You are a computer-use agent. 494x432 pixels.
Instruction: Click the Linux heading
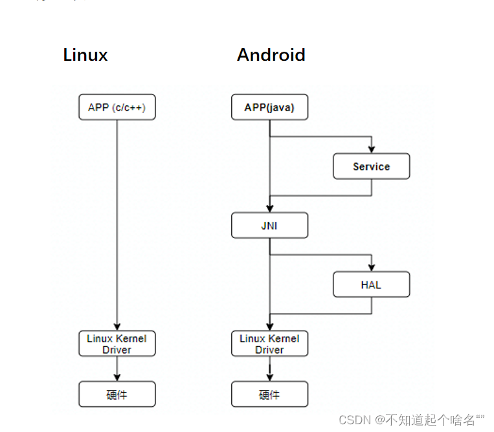85,55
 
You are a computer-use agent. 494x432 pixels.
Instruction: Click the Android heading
271,55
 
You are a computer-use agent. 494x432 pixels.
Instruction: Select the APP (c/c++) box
117,107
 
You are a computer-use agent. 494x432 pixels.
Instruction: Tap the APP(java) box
269,107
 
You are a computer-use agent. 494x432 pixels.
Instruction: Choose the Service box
371,166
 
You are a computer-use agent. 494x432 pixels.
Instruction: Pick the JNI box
269,226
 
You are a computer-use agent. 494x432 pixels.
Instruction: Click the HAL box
371,285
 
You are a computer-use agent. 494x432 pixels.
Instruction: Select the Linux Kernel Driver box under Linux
117,343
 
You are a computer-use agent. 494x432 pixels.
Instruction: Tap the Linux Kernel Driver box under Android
269,343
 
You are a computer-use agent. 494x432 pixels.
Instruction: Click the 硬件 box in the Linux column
117,394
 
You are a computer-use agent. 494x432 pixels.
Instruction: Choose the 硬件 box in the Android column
269,394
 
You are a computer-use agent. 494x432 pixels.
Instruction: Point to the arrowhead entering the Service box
372,149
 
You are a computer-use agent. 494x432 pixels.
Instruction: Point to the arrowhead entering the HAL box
372,268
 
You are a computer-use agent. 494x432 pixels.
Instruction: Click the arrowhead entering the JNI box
269,209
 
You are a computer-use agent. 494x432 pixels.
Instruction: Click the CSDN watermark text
411,420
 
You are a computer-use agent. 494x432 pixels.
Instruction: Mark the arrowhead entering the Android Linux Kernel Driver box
269,327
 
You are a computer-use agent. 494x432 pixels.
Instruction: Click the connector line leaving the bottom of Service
372,188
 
